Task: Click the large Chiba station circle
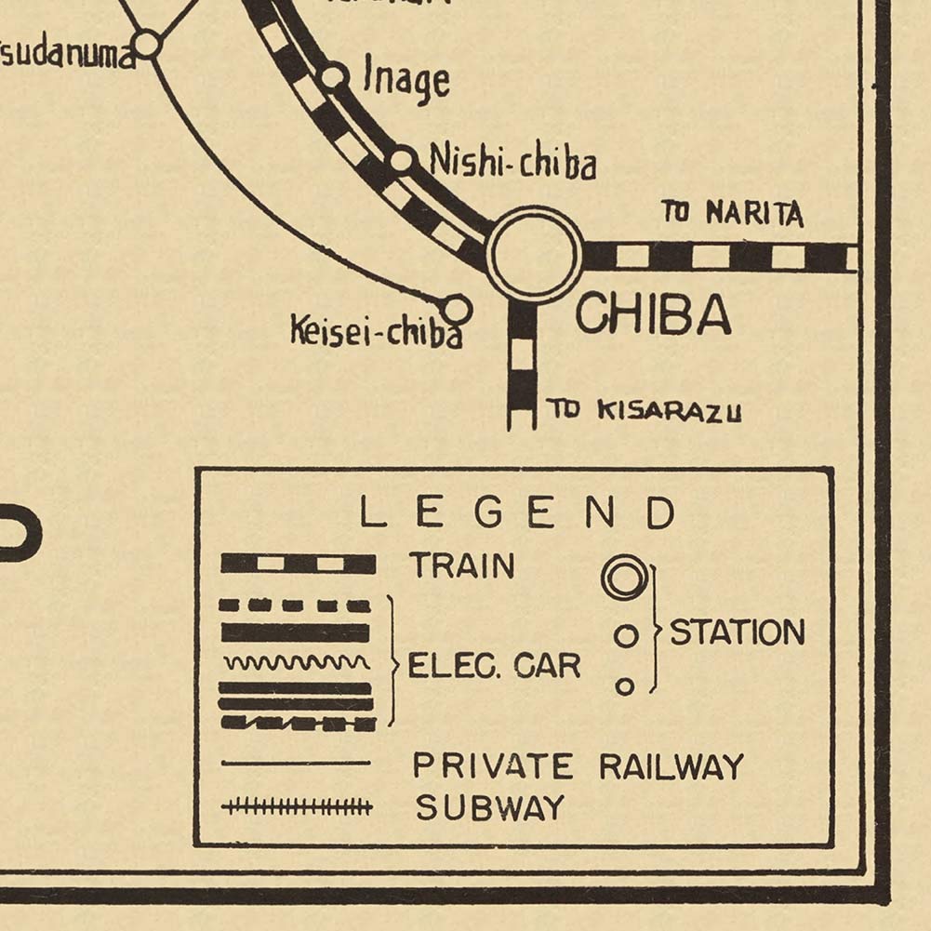point(535,255)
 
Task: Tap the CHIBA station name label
point(653,316)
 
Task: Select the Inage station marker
point(334,76)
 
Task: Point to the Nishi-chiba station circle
point(402,160)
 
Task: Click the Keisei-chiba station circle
point(456,308)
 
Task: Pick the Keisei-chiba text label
point(376,331)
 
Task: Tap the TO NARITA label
point(732,213)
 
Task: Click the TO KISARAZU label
point(644,410)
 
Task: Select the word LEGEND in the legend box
point(517,513)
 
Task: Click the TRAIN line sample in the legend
point(298,564)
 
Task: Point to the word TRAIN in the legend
point(462,565)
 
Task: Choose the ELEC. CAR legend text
point(494,666)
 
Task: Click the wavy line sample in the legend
point(297,662)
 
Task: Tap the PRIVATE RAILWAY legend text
point(579,766)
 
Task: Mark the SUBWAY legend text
point(489,807)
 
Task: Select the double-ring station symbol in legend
point(625,578)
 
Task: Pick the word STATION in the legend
point(738,632)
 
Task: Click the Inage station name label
point(406,81)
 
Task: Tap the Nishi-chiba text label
point(512,164)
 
